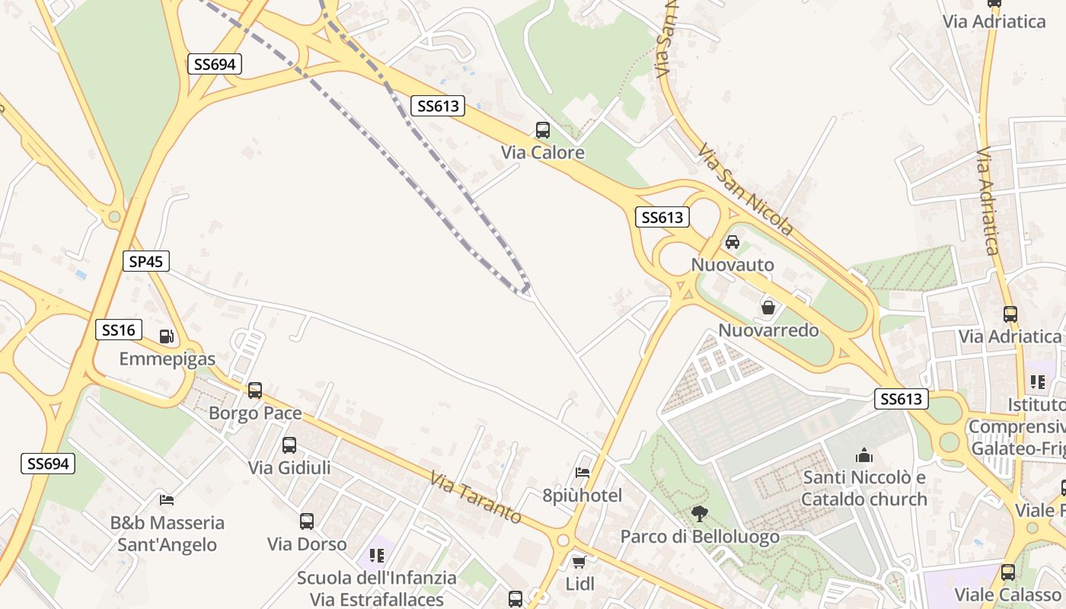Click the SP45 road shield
point(145,262)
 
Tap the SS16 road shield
point(119,330)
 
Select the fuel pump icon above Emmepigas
point(166,336)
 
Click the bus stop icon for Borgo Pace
point(255,391)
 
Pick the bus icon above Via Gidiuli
point(289,445)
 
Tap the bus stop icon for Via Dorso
point(307,521)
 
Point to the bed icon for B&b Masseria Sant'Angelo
point(167,500)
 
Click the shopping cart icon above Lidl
point(579,562)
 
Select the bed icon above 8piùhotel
point(582,473)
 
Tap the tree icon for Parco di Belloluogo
point(699,514)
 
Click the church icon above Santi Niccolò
point(864,455)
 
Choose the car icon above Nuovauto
point(732,242)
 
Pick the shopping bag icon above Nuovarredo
point(768,308)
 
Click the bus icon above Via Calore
point(543,130)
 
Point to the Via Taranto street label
point(476,499)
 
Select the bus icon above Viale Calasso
point(1008,572)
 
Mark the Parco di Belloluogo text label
point(700,537)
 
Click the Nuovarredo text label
point(768,330)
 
